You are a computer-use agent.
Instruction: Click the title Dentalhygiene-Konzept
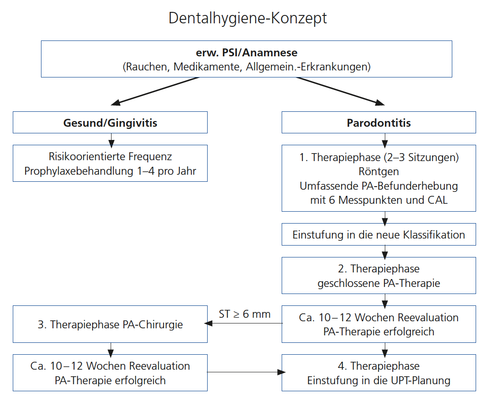[x=248, y=18]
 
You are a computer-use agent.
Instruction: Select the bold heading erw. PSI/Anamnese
[x=246, y=53]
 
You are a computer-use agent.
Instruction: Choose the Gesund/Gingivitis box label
[x=110, y=122]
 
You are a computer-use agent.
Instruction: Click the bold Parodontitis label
[x=379, y=122]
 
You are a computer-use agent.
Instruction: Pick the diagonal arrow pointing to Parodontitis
[x=339, y=91]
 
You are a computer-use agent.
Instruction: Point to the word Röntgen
[x=379, y=171]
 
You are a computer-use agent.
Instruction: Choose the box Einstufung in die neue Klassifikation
[x=379, y=235]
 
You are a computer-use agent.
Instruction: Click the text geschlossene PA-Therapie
[x=379, y=283]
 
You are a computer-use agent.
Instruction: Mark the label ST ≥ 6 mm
[x=245, y=314]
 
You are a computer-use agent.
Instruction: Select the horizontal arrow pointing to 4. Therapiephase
[x=245, y=372]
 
